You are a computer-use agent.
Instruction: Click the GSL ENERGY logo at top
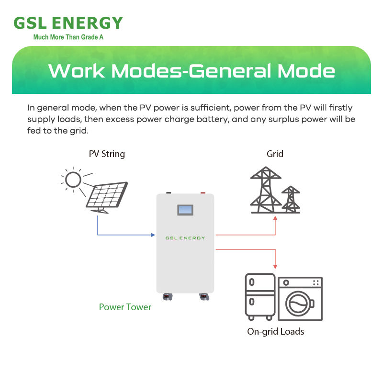(x=68, y=23)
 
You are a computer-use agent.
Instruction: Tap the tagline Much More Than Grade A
(x=68, y=37)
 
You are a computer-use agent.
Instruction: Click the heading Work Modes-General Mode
(x=191, y=71)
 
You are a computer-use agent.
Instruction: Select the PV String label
(x=107, y=154)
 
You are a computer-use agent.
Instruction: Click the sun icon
(x=73, y=180)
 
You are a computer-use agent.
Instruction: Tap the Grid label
(x=275, y=154)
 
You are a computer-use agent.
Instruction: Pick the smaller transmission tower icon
(x=290, y=199)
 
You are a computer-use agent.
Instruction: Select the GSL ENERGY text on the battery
(x=185, y=238)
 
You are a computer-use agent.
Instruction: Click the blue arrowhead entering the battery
(x=153, y=235)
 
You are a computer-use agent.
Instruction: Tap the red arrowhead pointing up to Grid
(x=275, y=218)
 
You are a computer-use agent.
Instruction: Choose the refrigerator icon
(x=259, y=296)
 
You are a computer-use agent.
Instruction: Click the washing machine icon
(x=301, y=299)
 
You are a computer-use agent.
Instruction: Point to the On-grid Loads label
(x=275, y=331)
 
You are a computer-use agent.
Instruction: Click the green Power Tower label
(x=125, y=307)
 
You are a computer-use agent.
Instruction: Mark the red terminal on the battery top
(x=203, y=193)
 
